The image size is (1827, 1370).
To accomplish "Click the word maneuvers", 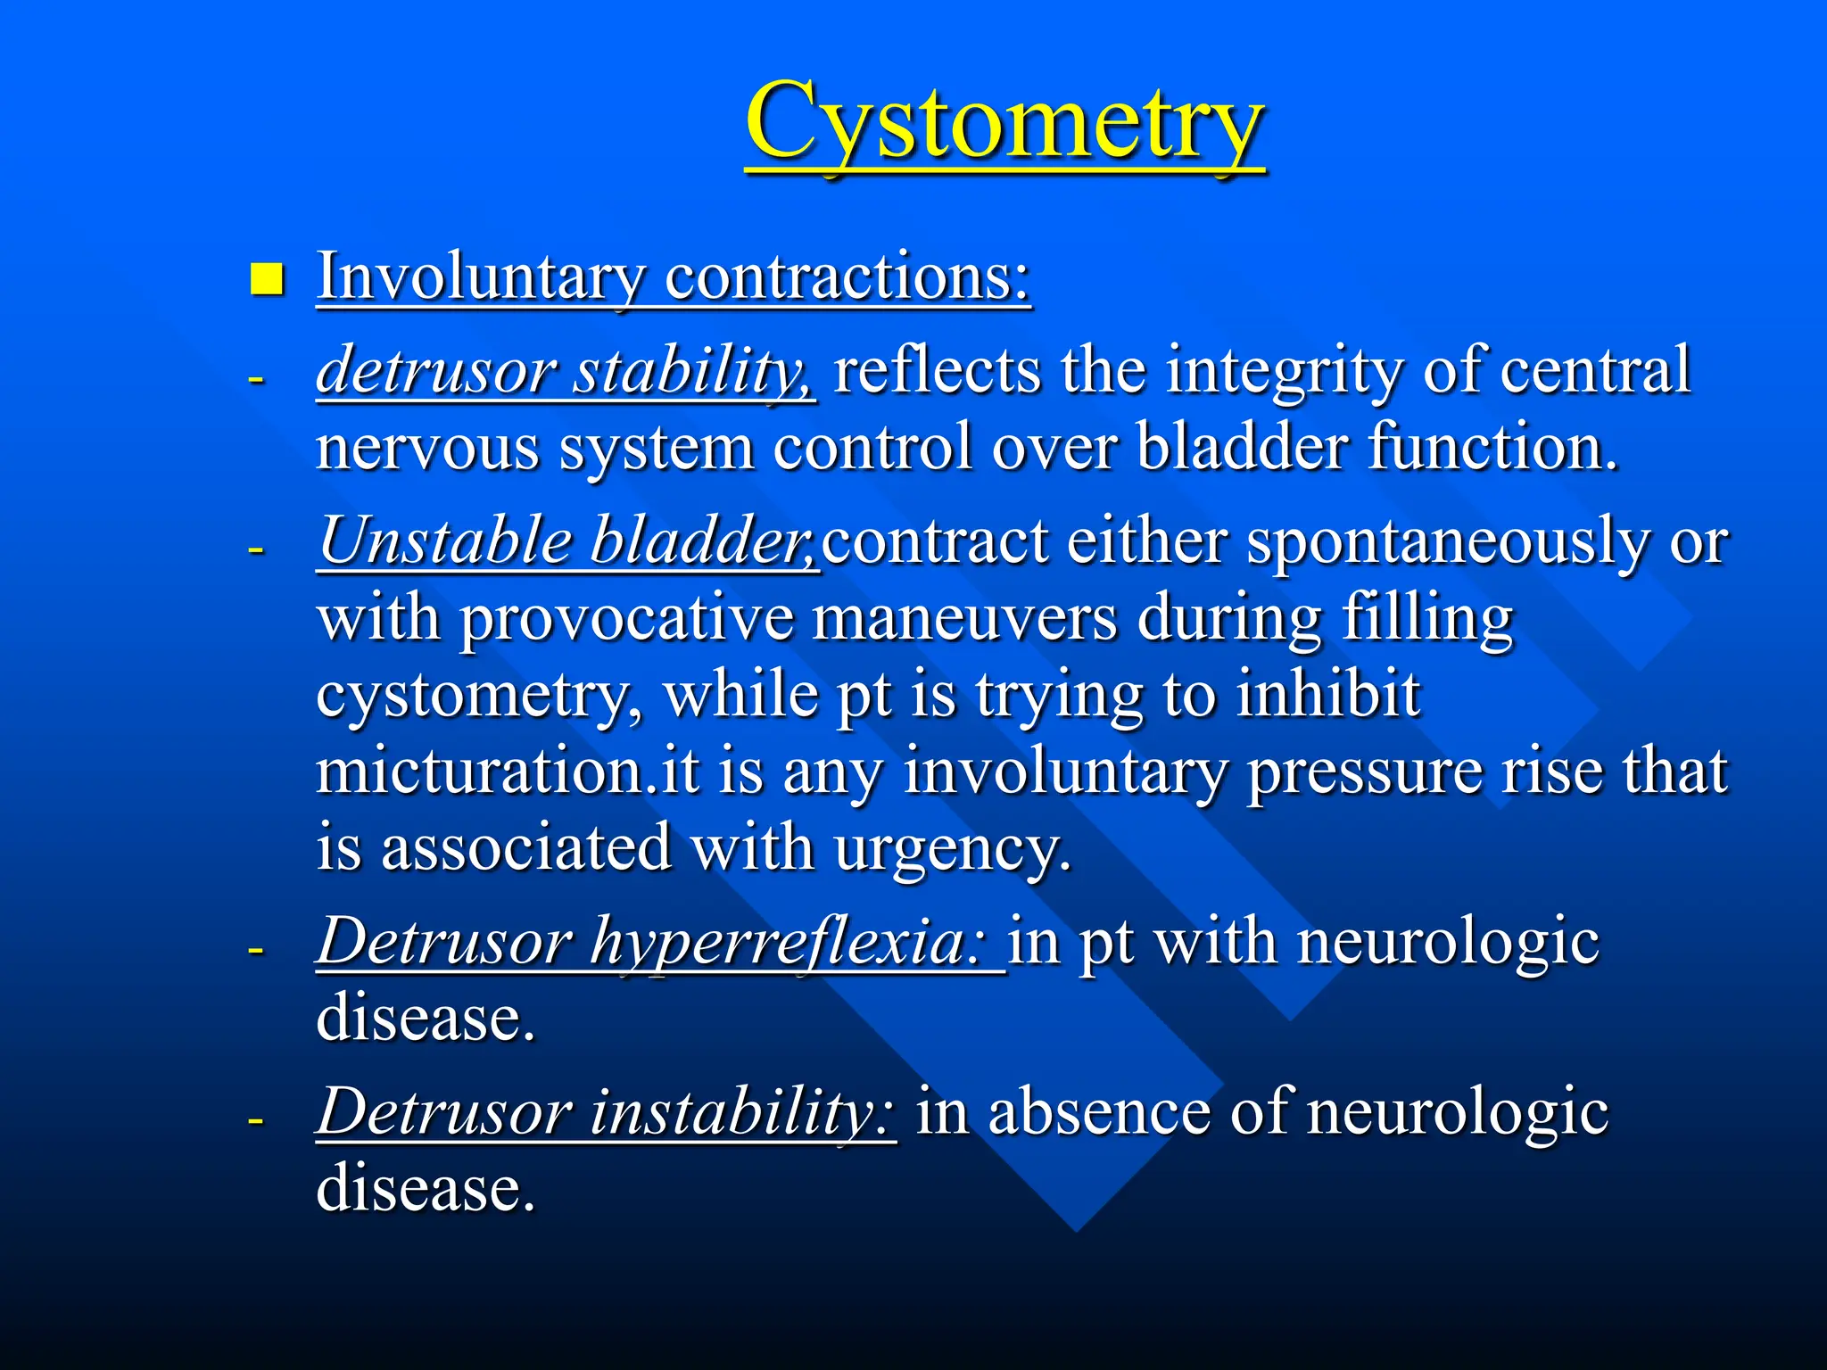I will pos(964,617).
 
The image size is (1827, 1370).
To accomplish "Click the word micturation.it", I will pos(507,771).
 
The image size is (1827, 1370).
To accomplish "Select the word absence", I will pos(1098,1111).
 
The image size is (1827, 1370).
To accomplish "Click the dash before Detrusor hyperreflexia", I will pos(256,949).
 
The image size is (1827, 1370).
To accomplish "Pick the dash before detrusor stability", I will pos(256,378).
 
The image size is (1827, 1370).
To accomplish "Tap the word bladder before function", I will pos(1241,446).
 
